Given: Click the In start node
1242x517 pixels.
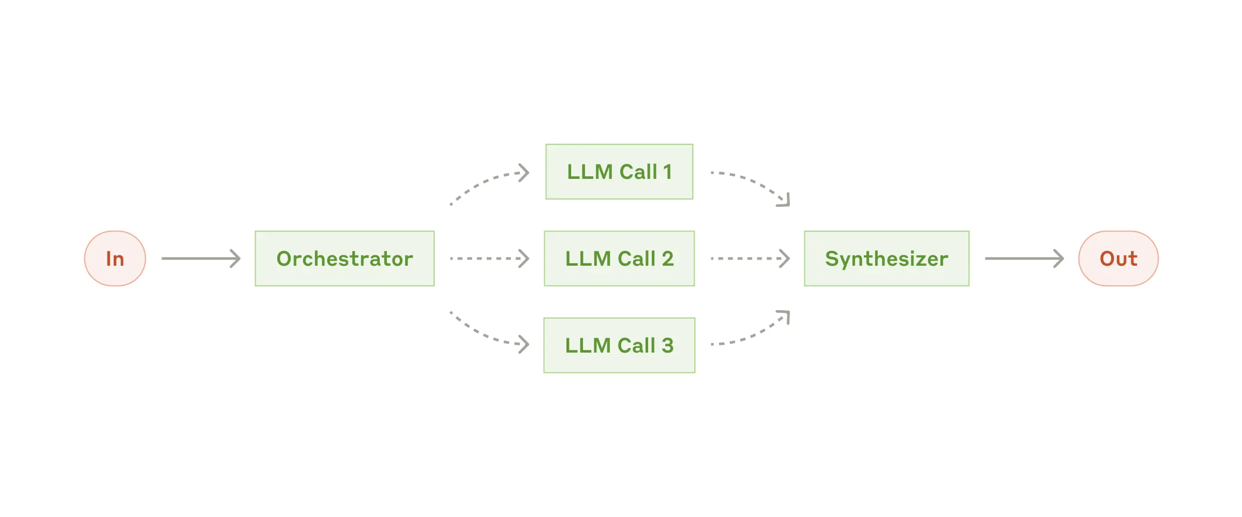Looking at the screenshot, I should tap(115, 258).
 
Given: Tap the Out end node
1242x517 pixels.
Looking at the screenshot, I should tap(1118, 258).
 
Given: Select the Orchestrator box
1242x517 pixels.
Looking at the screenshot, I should tap(345, 258).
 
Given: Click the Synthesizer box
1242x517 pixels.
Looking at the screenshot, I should tap(886, 258).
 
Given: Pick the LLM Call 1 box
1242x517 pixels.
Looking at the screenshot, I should tap(619, 172).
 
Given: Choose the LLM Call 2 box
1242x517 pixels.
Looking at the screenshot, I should tap(619, 258).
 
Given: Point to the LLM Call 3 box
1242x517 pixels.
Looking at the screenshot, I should tap(619, 345).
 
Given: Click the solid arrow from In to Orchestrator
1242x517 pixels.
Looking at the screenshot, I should tap(201, 258).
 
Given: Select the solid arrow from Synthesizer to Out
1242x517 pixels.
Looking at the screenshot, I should tap(1024, 258).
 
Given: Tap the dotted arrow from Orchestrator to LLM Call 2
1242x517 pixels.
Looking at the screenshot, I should tap(489, 258).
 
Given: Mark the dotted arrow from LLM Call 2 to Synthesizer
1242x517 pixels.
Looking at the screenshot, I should tap(750, 258).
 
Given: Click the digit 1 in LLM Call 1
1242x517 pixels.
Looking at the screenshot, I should tap(667, 172).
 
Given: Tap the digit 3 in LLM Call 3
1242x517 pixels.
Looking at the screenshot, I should tap(667, 345).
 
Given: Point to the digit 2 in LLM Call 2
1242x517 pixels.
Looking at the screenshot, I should tap(667, 258).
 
